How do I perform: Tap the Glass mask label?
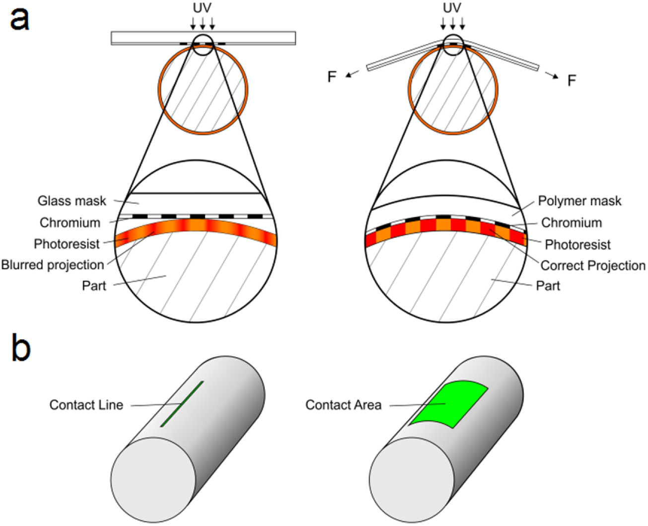point(72,201)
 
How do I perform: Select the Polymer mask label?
point(579,201)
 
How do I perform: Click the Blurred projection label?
point(53,265)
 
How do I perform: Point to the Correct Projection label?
point(593,266)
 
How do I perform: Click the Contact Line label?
point(86,405)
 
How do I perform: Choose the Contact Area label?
point(343,405)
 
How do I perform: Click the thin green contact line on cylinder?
point(182,403)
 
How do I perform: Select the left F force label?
point(332,77)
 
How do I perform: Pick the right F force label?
point(572,80)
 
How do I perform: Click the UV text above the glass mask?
point(202,8)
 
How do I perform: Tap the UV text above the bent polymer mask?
point(452,8)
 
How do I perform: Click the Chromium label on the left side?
point(70,223)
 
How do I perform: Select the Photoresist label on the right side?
point(577,244)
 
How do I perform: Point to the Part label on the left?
point(94,286)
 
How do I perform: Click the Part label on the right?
point(548,286)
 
